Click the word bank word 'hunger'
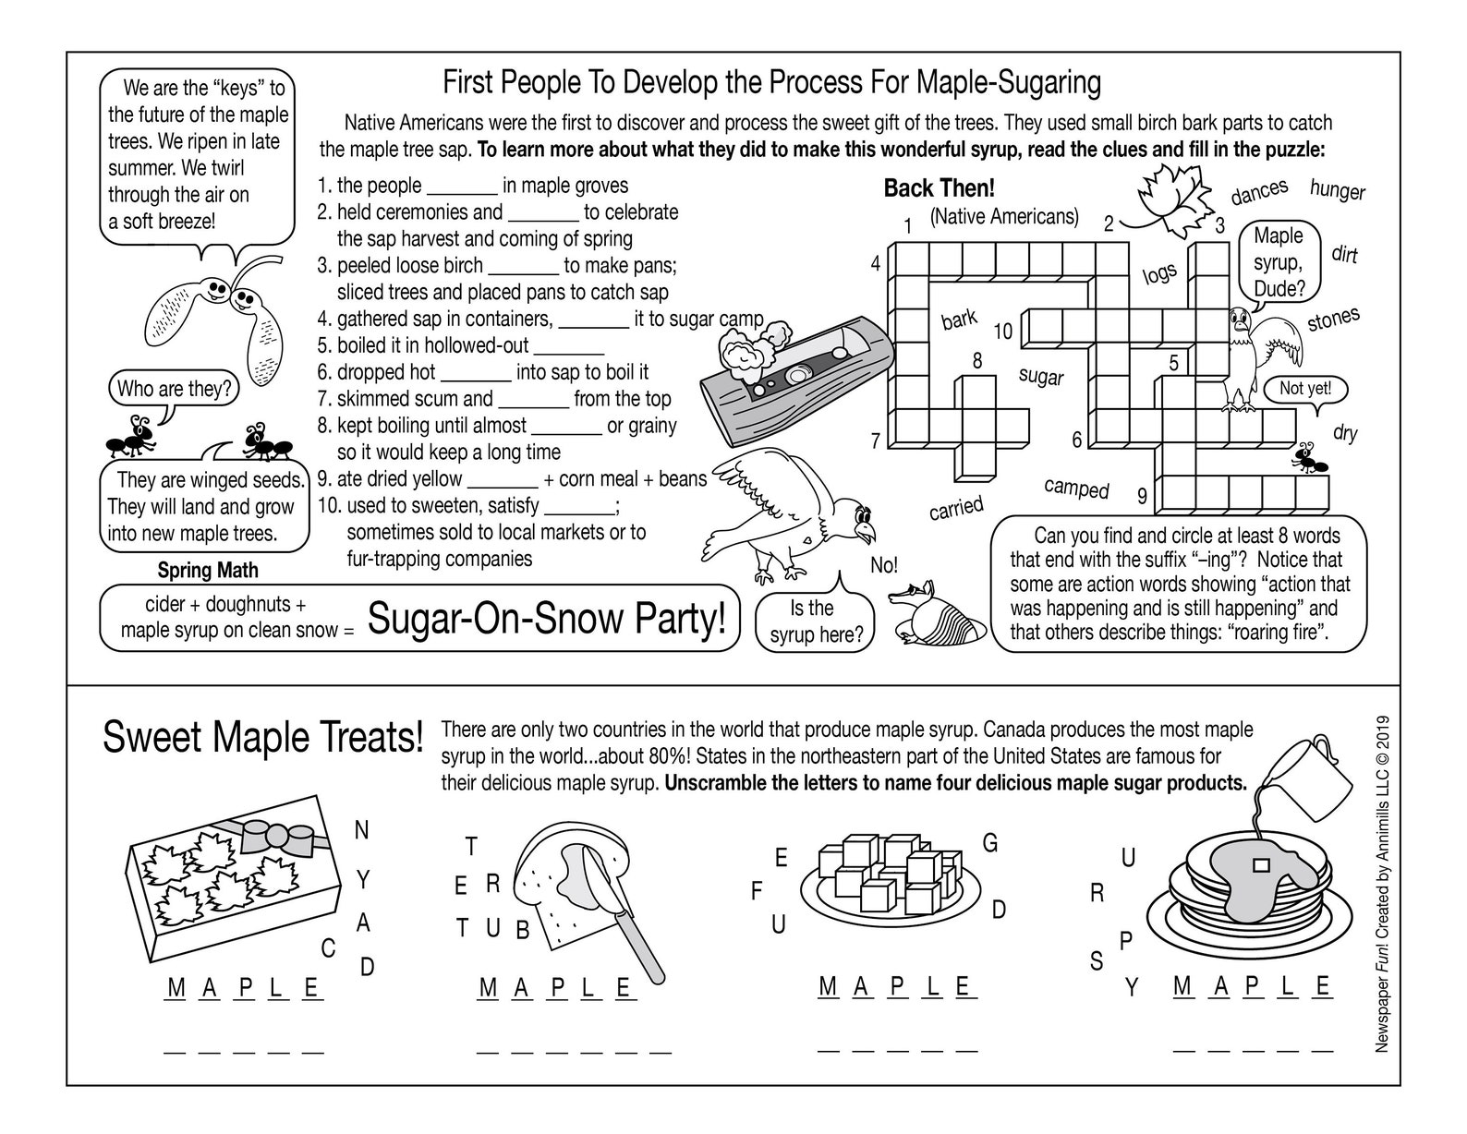click(x=1337, y=190)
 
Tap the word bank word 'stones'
click(x=1333, y=320)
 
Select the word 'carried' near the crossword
click(x=956, y=507)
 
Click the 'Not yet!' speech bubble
click(x=1304, y=389)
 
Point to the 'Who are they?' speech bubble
click(x=173, y=389)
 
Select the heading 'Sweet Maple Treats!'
click(x=262, y=739)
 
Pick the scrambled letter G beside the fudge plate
click(x=989, y=842)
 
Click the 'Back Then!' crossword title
click(x=939, y=188)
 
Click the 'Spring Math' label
click(x=208, y=571)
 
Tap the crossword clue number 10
click(x=1002, y=332)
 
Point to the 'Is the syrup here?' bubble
click(x=814, y=621)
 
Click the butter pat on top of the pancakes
click(x=1258, y=865)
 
